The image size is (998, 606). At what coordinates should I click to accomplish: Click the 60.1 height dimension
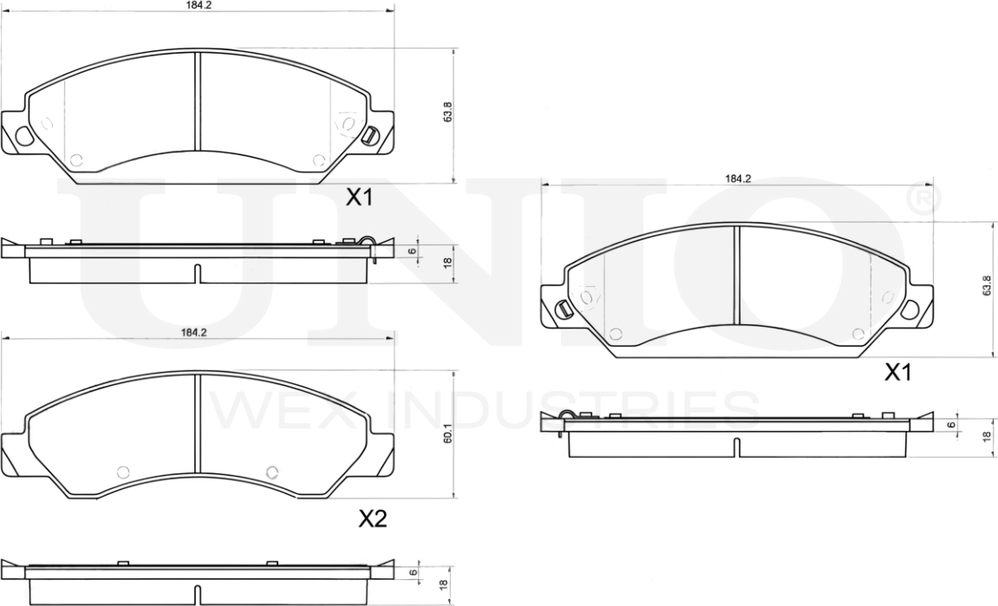pyautogui.click(x=447, y=433)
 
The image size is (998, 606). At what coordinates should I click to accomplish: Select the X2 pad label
pyautogui.click(x=372, y=519)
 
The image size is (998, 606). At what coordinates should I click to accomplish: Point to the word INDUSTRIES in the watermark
pyautogui.click(x=572, y=410)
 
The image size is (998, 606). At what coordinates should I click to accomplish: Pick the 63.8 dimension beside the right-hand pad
pyautogui.click(x=986, y=286)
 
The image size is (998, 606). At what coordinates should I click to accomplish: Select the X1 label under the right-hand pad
pyautogui.click(x=897, y=373)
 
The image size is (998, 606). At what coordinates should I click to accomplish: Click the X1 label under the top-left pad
pyautogui.click(x=360, y=199)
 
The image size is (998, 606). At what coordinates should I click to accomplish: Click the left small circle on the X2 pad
pyautogui.click(x=122, y=471)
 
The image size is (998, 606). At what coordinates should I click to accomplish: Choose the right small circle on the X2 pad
pyautogui.click(x=271, y=471)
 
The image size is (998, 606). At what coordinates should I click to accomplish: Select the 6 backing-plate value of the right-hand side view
pyautogui.click(x=951, y=425)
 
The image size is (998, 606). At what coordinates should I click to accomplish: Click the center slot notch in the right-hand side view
pyautogui.click(x=736, y=446)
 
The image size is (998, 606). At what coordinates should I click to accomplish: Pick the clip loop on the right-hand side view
pyautogui.click(x=567, y=416)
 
